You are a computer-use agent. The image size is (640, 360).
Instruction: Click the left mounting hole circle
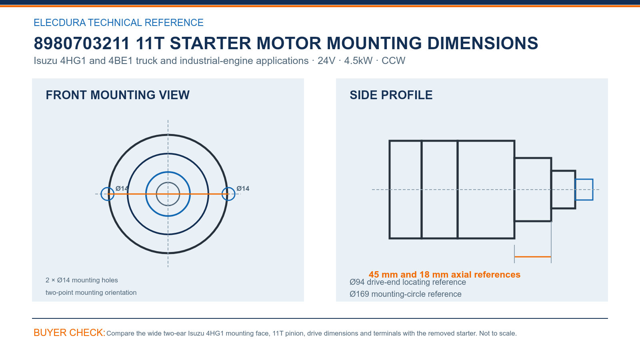pos(101,194)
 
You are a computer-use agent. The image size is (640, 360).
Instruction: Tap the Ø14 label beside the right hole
pos(243,188)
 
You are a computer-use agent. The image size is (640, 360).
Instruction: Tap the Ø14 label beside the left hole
pos(122,188)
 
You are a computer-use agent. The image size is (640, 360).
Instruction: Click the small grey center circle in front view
pos(168,182)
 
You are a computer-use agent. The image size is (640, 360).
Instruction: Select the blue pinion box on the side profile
pos(584,180)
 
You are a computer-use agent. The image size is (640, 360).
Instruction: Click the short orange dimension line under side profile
pos(533,257)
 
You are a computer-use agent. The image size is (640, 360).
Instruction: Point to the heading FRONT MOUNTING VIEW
pos(118,95)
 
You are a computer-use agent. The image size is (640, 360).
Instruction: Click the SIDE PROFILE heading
pos(391,95)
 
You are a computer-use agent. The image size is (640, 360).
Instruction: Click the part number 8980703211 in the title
pos(82,44)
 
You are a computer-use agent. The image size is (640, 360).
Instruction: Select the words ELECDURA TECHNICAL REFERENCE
pos(118,22)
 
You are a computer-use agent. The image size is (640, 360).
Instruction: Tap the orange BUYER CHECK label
pos(70,332)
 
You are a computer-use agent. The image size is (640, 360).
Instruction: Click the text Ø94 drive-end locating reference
pos(408,282)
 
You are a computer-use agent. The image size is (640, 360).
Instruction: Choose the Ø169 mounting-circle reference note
pos(406,294)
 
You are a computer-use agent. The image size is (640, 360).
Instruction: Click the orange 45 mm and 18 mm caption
pos(444,274)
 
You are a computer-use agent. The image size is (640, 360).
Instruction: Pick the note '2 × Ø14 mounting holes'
pos(82,280)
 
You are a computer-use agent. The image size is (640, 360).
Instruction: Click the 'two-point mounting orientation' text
pos(91,292)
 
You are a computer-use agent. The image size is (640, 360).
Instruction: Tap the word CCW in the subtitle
pos(394,60)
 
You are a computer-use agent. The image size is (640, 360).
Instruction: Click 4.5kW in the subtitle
pos(358,60)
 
